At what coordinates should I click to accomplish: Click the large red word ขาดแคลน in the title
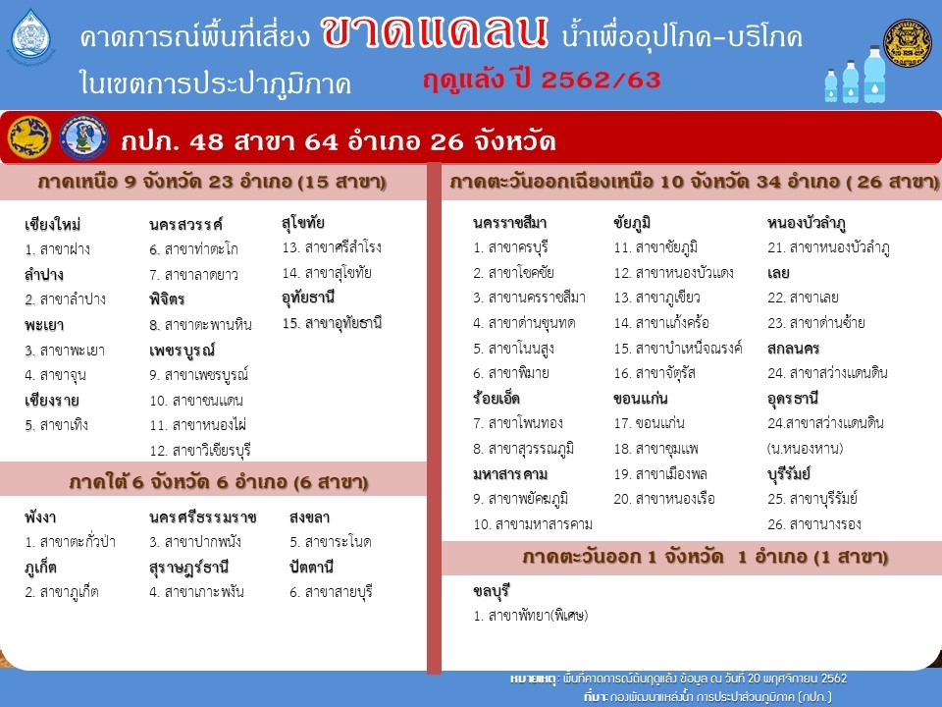click(x=435, y=31)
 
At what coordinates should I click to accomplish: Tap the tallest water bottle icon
click(x=874, y=74)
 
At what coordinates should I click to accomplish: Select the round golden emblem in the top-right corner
click(x=907, y=42)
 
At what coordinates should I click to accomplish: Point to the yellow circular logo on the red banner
click(x=29, y=137)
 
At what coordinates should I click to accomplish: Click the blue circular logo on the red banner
click(x=84, y=137)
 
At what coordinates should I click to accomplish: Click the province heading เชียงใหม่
click(x=53, y=224)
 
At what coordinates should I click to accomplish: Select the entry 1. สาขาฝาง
click(x=58, y=248)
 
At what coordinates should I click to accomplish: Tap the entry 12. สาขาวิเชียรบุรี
click(x=200, y=451)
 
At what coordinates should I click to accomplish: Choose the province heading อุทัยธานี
click(x=308, y=298)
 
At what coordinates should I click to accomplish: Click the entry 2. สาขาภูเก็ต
click(x=62, y=592)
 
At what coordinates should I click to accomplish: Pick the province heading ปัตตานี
click(x=312, y=567)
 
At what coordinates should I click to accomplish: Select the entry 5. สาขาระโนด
click(x=331, y=542)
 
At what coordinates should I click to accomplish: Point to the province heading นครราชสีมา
click(x=510, y=223)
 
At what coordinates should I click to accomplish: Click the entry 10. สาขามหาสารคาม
click(x=533, y=524)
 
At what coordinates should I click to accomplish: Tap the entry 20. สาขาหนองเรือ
click(x=664, y=499)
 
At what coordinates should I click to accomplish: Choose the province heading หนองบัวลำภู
click(x=807, y=223)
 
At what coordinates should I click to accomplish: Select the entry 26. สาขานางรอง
click(x=814, y=524)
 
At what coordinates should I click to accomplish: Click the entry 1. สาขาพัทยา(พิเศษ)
click(x=531, y=616)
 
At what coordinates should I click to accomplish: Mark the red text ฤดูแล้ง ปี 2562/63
click(x=542, y=80)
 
